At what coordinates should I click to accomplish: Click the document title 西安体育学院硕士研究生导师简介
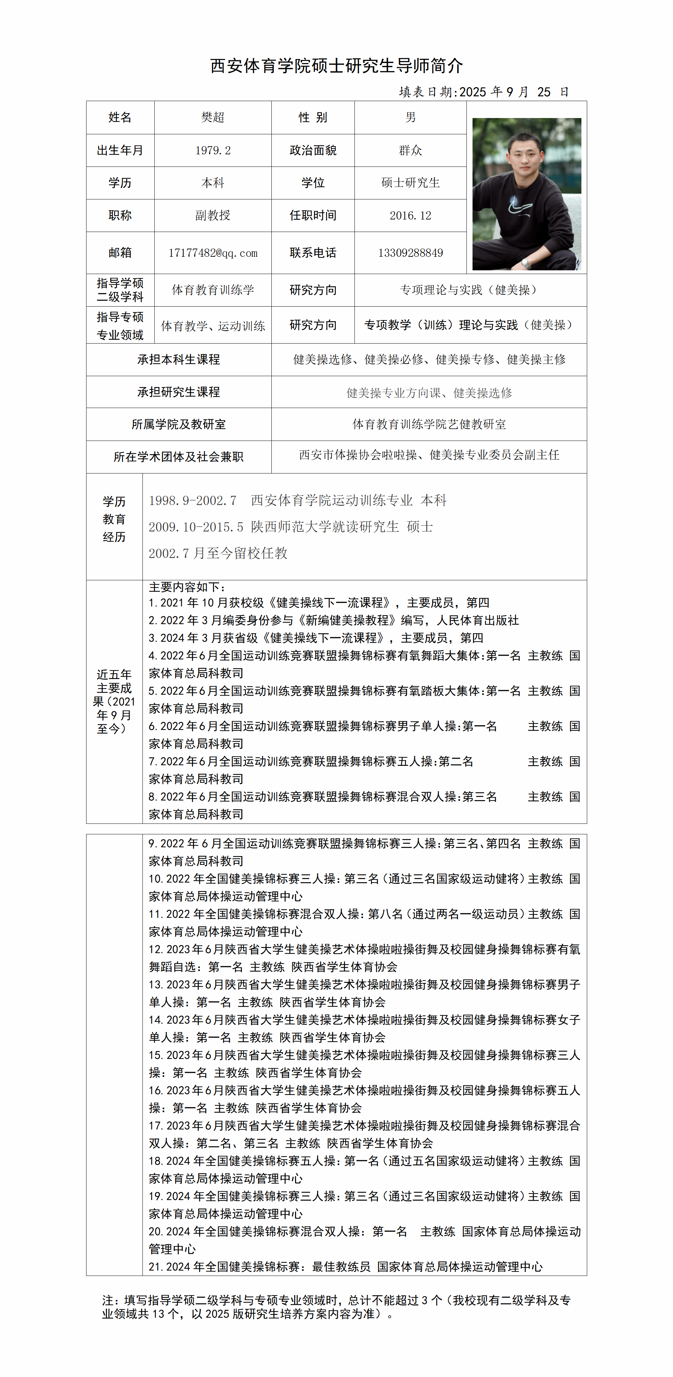tap(336, 66)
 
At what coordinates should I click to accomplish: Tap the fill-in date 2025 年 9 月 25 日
tap(483, 92)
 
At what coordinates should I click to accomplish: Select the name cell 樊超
tap(213, 118)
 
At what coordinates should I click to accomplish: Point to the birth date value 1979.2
tap(213, 151)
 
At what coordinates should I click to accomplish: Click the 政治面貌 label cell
tap(313, 151)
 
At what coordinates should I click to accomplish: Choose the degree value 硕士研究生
tap(410, 183)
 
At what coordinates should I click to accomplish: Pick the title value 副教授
tap(213, 215)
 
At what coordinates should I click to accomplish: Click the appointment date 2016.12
tap(410, 215)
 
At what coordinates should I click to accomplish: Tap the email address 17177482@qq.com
tap(213, 253)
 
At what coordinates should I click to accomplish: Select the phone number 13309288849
tap(410, 253)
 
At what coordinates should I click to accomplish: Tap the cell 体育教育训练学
tap(213, 290)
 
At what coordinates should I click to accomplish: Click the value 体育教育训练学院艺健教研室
tap(429, 424)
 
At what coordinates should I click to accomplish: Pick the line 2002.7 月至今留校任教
tap(218, 553)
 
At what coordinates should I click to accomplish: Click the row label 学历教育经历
tap(114, 519)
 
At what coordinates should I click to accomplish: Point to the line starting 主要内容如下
tap(187, 587)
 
